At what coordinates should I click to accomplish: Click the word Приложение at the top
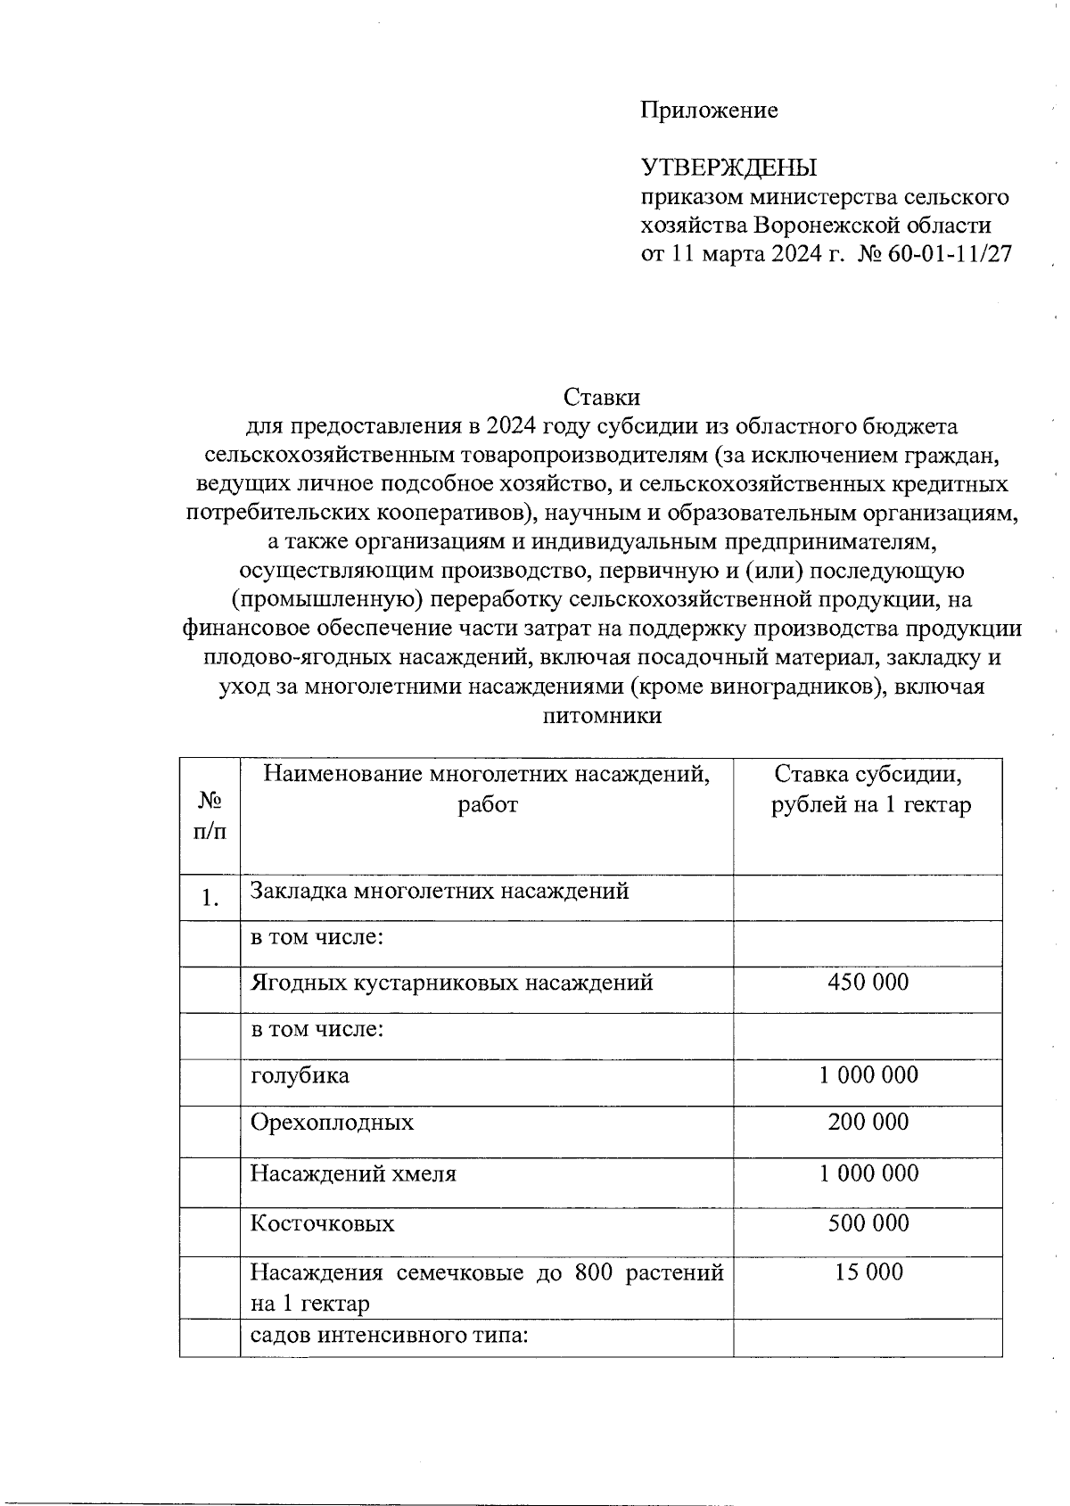tap(709, 111)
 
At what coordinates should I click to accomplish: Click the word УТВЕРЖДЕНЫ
tap(729, 168)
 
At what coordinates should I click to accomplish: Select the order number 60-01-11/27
tap(950, 254)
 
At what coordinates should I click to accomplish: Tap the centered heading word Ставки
tap(602, 398)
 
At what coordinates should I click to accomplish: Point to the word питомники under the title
tap(602, 716)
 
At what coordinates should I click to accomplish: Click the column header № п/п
tap(210, 816)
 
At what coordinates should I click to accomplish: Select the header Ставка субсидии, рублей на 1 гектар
tap(869, 790)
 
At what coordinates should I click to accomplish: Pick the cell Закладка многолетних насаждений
tap(440, 891)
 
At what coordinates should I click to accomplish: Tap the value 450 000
tap(868, 983)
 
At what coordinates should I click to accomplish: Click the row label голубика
tap(300, 1075)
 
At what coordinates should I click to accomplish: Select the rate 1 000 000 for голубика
tap(868, 1074)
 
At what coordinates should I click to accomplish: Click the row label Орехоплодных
tap(332, 1122)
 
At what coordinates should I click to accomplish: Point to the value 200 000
tap(868, 1122)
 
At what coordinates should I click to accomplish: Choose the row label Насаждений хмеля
tap(353, 1173)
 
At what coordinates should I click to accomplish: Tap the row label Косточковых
tap(322, 1223)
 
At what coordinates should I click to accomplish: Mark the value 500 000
tap(868, 1223)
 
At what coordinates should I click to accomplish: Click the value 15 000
tap(868, 1272)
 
